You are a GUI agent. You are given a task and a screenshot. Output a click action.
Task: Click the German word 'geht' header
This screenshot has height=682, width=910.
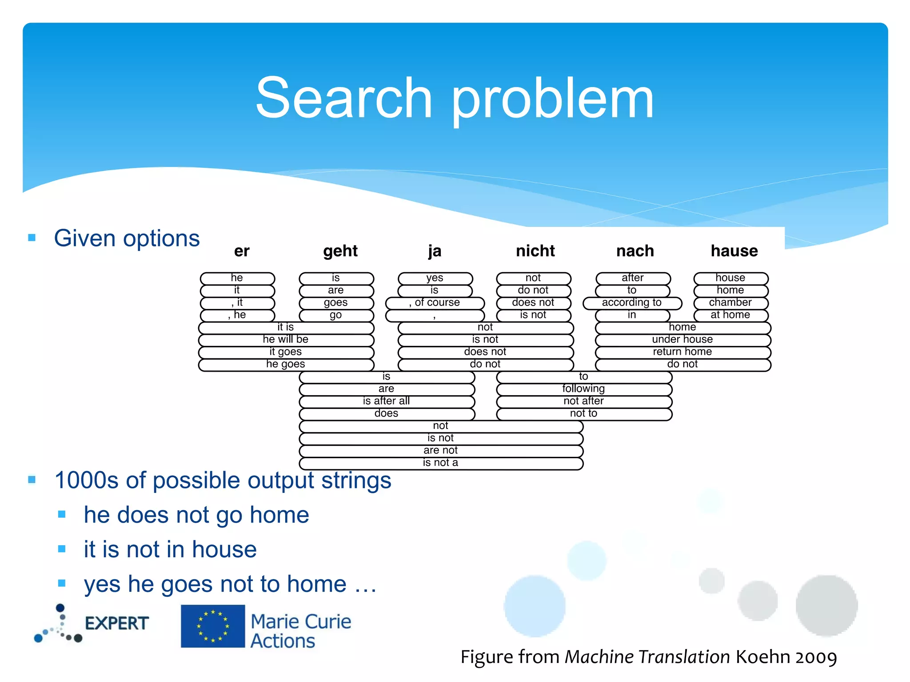click(x=340, y=251)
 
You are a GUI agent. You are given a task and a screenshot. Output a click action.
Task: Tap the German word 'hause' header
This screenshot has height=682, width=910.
click(x=734, y=251)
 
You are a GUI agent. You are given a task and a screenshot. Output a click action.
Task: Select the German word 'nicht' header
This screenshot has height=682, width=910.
click(x=535, y=251)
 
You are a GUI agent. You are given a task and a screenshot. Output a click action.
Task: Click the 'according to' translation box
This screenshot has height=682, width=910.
click(x=632, y=303)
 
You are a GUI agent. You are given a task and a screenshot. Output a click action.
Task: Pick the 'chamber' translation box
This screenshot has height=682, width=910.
click(x=730, y=303)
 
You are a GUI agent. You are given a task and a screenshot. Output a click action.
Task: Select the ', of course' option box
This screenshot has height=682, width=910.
click(x=435, y=303)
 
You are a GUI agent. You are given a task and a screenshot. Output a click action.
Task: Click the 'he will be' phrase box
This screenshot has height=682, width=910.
click(x=286, y=340)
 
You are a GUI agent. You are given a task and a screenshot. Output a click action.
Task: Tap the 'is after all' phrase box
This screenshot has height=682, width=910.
click(x=386, y=401)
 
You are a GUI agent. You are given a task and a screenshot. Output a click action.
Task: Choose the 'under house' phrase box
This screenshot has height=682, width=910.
click(x=682, y=340)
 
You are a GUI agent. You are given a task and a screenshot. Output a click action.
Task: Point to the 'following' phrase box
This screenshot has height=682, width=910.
click(x=583, y=389)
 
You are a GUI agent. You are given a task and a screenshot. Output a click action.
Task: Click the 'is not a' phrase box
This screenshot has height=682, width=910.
click(x=440, y=463)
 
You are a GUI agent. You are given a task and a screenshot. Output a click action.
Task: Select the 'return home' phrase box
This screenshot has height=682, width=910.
click(x=682, y=352)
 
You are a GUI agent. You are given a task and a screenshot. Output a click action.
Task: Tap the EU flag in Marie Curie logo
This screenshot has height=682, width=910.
click(x=213, y=626)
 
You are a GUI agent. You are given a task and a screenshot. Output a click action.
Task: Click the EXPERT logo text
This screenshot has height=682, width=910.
click(x=117, y=623)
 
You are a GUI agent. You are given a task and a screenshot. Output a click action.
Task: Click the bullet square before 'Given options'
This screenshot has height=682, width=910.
click(x=32, y=238)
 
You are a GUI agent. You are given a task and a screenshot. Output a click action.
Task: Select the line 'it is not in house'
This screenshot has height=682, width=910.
click(x=170, y=549)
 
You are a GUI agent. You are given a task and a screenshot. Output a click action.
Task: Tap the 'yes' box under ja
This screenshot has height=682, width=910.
click(x=435, y=278)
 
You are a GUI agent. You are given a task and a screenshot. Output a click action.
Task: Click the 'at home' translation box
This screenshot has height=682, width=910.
click(x=730, y=315)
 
